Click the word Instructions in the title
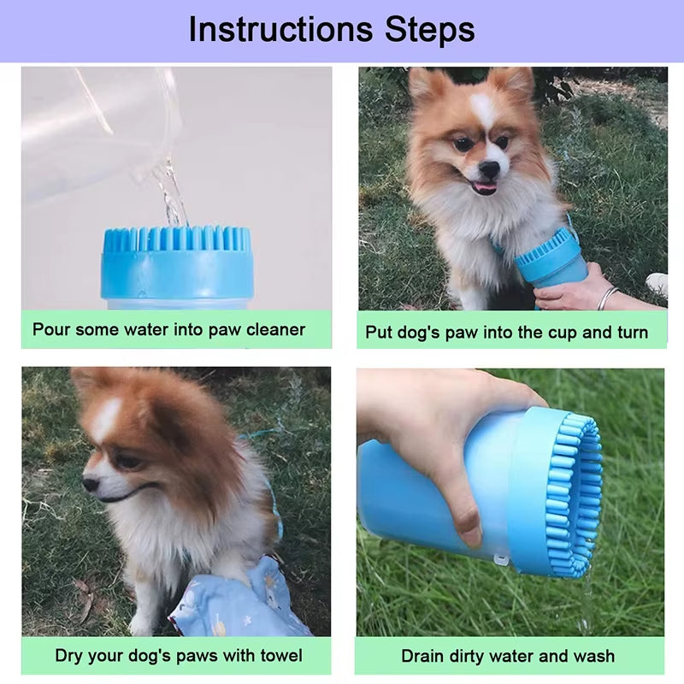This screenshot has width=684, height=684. coord(280,29)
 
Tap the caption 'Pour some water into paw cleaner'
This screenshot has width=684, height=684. coord(168,329)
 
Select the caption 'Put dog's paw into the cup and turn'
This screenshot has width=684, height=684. coord(507,332)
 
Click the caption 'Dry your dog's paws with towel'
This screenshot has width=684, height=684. coord(179,656)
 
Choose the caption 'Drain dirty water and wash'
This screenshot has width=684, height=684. coord(508,656)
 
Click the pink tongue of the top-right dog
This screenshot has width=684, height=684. coord(486,188)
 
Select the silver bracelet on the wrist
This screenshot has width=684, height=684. coord(606,298)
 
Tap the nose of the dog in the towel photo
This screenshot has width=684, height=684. coord(90,484)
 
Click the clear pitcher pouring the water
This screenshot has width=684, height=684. coord(94,128)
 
